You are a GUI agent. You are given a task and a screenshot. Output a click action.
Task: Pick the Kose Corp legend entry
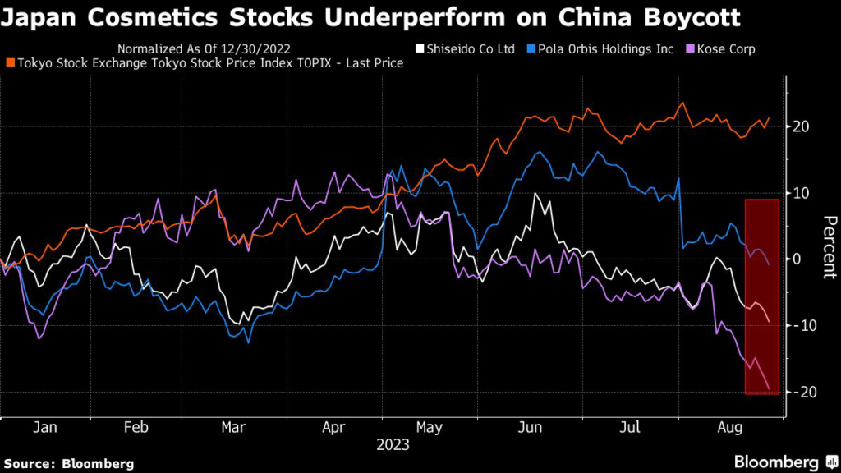[x=724, y=49]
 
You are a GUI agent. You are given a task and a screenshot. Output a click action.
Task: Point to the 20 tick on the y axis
[x=802, y=126]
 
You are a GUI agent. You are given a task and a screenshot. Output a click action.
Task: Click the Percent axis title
[x=829, y=246]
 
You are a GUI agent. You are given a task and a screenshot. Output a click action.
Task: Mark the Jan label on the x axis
[x=46, y=427]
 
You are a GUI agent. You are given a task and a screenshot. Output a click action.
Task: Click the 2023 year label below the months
[x=393, y=445]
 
